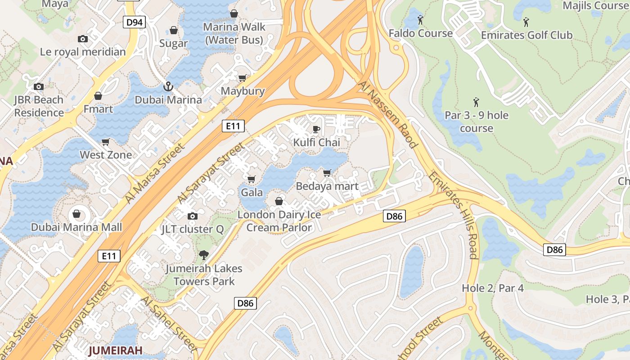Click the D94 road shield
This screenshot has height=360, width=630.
click(x=135, y=22)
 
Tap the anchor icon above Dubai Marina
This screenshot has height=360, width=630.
click(x=168, y=86)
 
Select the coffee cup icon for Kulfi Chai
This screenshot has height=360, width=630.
click(x=316, y=130)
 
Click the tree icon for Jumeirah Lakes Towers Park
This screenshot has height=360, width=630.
click(x=204, y=255)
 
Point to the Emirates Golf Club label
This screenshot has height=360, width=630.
click(x=526, y=35)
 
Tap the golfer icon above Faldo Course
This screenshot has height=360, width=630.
click(x=420, y=20)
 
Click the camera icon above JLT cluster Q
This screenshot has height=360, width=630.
click(x=192, y=216)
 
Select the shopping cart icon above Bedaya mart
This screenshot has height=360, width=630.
click(x=327, y=173)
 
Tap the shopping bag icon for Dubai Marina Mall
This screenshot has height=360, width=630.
click(x=76, y=213)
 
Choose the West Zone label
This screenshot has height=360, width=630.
click(x=106, y=155)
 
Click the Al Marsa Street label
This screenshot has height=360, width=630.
click(x=155, y=173)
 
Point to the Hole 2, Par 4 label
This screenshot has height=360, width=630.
click(x=493, y=288)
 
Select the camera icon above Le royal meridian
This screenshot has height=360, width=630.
click(x=83, y=39)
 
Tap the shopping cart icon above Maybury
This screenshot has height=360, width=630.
click(x=243, y=78)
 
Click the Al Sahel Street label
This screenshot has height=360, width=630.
click(x=169, y=323)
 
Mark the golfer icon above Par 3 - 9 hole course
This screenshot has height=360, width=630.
click(x=476, y=103)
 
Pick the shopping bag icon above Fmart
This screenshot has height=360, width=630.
click(x=98, y=96)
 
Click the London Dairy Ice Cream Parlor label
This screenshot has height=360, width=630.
click(x=279, y=221)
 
